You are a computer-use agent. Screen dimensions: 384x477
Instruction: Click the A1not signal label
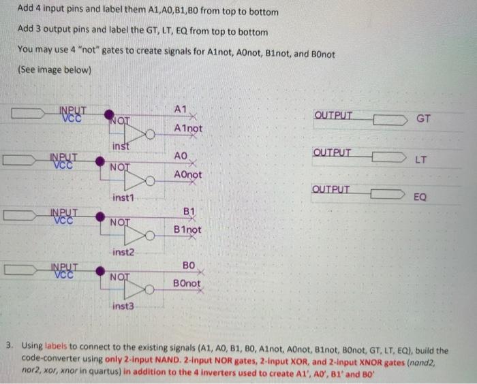pyautogui.click(x=187, y=129)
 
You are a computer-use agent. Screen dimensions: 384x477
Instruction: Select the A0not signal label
pyautogui.click(x=187, y=175)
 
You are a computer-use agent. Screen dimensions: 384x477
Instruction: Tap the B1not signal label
pyautogui.click(x=187, y=229)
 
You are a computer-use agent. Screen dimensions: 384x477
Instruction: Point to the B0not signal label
pyautogui.click(x=187, y=283)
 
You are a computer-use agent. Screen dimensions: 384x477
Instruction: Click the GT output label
pyautogui.click(x=423, y=118)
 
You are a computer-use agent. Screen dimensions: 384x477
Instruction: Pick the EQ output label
pyautogui.click(x=421, y=197)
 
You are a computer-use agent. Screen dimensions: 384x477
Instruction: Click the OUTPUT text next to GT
pyautogui.click(x=334, y=114)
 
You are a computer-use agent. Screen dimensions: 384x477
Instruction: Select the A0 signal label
pyautogui.click(x=180, y=156)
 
